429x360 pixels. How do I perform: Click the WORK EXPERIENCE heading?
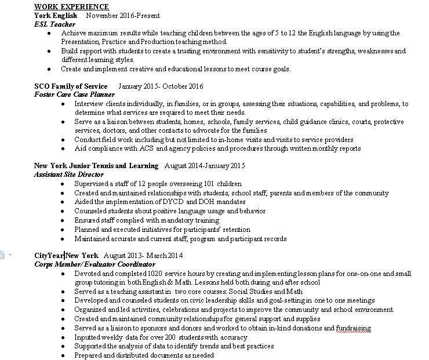coord(71,6)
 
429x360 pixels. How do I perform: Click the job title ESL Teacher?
coord(54,24)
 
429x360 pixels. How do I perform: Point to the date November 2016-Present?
coord(123,15)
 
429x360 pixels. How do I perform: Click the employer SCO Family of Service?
coord(71,86)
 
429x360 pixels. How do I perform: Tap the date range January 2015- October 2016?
coord(161,86)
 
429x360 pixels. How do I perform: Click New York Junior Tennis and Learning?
coord(96,166)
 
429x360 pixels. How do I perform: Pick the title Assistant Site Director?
coord(68,174)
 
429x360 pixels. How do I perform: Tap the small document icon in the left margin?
coord(3,254)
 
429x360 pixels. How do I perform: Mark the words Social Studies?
coord(249,292)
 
